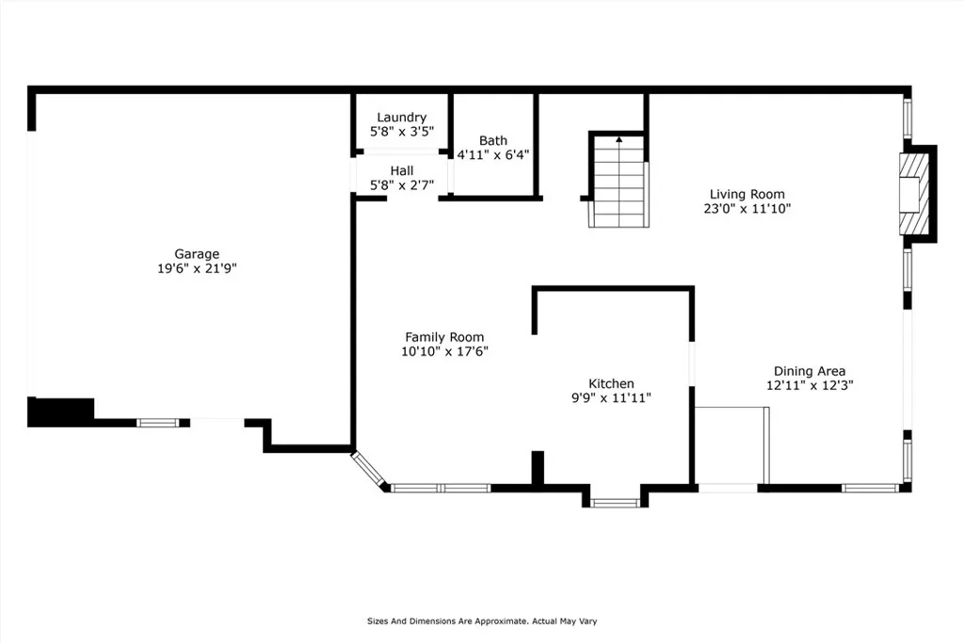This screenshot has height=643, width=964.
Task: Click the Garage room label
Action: [x=197, y=254]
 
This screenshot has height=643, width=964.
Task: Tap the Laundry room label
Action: [x=401, y=118]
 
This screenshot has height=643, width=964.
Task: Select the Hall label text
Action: [x=401, y=171]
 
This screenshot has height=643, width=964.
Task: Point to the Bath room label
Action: [x=493, y=141]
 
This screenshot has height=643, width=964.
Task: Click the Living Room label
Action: [x=747, y=194]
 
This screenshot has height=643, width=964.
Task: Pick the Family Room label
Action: [x=444, y=337]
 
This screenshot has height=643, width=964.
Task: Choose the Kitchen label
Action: [x=611, y=383]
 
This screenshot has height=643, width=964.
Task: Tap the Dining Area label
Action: [x=809, y=371]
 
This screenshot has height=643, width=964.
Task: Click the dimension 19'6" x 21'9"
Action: [x=197, y=268]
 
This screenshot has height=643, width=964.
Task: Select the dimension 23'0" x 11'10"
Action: [x=747, y=208]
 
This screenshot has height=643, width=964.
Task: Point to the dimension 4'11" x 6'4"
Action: [x=493, y=155]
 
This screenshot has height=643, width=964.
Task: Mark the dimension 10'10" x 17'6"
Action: [x=444, y=351]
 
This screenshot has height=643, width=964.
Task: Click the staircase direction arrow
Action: [x=619, y=140]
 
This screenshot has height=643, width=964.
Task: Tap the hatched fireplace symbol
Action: [x=912, y=194]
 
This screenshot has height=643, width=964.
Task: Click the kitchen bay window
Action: [x=615, y=503]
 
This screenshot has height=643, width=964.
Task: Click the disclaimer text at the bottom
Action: [x=482, y=620]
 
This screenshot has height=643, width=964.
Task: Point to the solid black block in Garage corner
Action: [x=61, y=411]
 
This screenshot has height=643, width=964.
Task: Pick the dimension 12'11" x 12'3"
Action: [x=809, y=385]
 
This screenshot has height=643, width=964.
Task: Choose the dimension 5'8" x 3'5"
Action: [x=401, y=131]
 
